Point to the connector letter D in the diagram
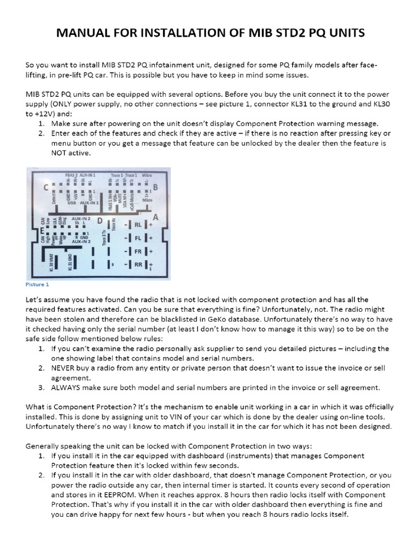click(x=99, y=220)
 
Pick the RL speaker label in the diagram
click(x=137, y=225)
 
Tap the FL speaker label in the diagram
click(x=137, y=238)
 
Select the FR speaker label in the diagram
click(x=137, y=252)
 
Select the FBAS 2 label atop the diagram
click(x=72, y=174)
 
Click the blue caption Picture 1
click(x=37, y=284)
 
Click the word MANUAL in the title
click(x=85, y=34)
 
